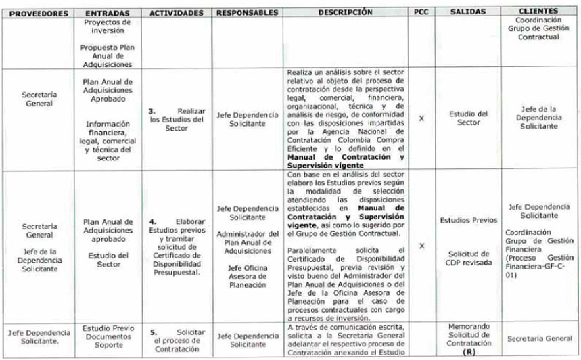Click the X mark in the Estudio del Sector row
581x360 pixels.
coord(421,118)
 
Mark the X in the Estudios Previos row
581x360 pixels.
coord(421,246)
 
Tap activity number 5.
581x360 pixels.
coord(152,333)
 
